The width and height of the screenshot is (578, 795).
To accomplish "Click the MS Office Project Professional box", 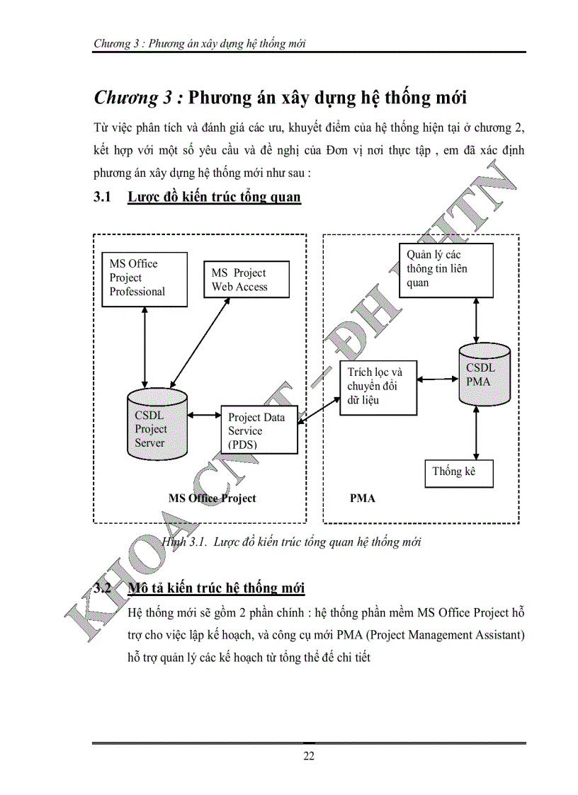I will click(x=144, y=279).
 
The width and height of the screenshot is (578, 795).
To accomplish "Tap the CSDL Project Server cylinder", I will click(x=156, y=425).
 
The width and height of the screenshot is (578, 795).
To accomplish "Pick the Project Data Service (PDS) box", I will click(x=259, y=430).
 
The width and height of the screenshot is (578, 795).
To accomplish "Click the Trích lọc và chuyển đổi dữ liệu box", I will click(x=378, y=386).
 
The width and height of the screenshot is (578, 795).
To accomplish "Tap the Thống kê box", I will click(x=458, y=472).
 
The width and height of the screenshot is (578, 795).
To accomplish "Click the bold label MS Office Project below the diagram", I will click(x=212, y=498).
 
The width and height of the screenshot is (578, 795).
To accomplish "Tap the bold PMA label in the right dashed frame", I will click(x=363, y=498).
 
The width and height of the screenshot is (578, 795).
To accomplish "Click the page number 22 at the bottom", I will click(x=309, y=756).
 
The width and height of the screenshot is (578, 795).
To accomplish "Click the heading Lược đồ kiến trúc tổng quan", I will click(x=214, y=197).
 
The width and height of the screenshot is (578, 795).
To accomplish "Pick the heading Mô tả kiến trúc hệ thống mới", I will click(x=216, y=588).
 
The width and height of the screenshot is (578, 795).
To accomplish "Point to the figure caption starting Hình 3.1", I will click(x=292, y=542).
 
